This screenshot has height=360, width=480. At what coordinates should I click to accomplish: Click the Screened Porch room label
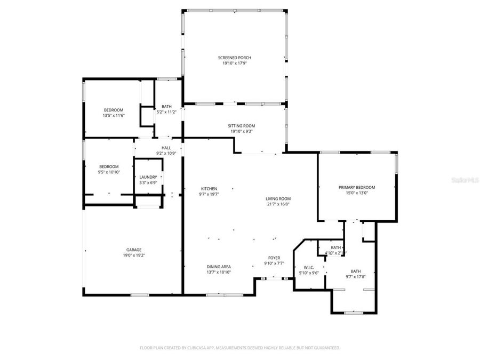pos(234,58)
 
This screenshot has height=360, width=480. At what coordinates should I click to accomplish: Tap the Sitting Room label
pos(241,126)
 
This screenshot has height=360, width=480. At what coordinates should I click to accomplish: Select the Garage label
pos(134,250)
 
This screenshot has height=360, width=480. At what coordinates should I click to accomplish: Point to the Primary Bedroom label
pos(357,187)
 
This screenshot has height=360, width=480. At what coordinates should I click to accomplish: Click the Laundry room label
pos(148,177)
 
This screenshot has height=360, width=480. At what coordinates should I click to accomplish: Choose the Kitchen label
pos(209,189)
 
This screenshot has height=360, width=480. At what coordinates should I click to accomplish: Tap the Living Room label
pos(278,198)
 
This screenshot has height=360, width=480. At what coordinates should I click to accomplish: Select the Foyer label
pos(274,258)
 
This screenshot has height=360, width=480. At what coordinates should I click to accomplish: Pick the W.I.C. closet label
pos(308,267)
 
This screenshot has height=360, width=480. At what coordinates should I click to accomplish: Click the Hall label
pos(166,148)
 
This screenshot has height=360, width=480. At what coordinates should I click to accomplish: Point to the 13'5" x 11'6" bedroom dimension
pos(113,115)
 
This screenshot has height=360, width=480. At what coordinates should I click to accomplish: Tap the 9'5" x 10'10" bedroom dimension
pos(108,172)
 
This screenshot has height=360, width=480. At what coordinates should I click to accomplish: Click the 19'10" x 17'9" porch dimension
pos(234,63)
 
